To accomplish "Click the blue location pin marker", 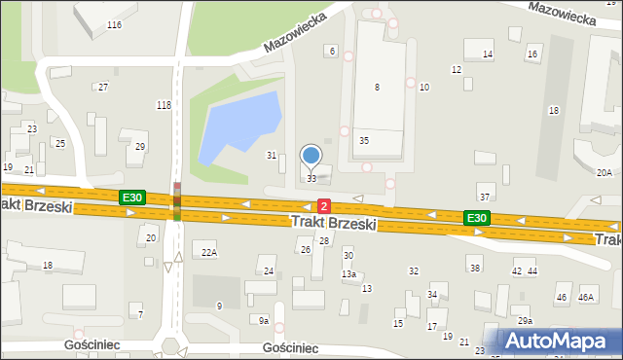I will coord(311,156).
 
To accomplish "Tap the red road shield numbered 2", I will coord(324,206).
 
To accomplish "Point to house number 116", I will coord(115,24).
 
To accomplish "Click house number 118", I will coord(164,104).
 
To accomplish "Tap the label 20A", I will coord(604,172).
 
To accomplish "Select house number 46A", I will coord(586,297).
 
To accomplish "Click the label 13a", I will coord(348,274).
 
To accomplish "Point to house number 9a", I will coord(263,320).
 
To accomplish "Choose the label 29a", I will coord(525,320).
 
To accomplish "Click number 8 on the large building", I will coord(377,88).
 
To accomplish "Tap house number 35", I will coord(364,141).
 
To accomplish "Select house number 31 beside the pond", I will coord(272,156).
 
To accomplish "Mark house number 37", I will coord(484,198).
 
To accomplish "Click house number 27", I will coord(103,88).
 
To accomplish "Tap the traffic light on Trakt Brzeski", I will coord(177,200).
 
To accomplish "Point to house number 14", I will coord(488,54).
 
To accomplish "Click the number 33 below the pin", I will coord(311,179).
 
